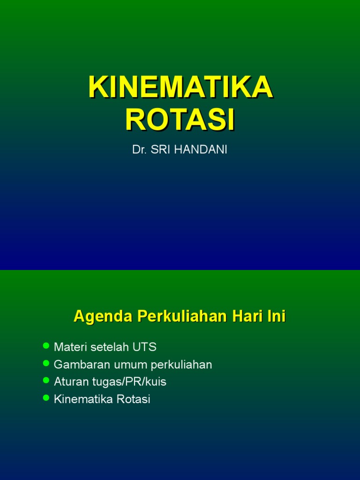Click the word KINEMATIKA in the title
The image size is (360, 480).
click(180, 87)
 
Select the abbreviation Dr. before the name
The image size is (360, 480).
click(140, 151)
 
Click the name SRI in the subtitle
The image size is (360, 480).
click(161, 151)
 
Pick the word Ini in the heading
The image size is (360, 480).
click(276, 317)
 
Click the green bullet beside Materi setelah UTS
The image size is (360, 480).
click(46, 346)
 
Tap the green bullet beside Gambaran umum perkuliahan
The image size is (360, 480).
click(46, 363)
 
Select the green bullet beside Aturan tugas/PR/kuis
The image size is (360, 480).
click(46, 381)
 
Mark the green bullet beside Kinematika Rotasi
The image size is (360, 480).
click(46, 398)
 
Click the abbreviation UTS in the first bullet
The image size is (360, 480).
click(145, 347)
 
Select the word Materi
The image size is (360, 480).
click(70, 347)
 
